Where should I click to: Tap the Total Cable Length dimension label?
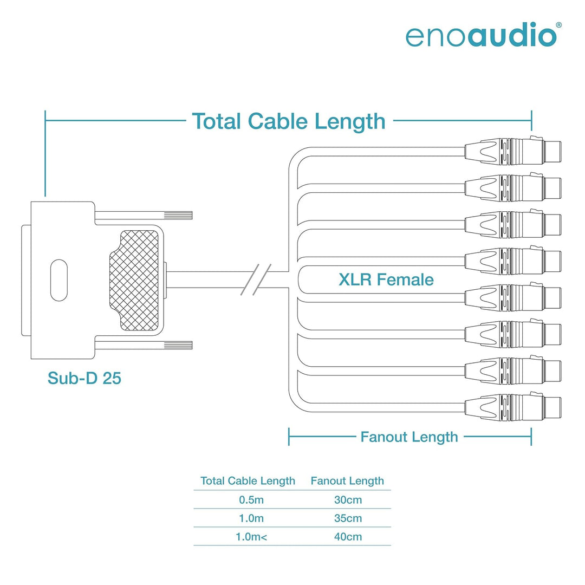click(288, 122)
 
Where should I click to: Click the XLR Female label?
click(386, 279)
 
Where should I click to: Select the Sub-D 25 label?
click(84, 378)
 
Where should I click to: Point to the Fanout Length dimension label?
click(409, 437)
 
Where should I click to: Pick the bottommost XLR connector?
click(513, 407)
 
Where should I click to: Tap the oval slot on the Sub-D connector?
click(59, 280)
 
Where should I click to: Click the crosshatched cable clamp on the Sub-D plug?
click(134, 280)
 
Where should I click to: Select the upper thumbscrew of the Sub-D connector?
click(144, 216)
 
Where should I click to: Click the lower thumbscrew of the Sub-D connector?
click(144, 345)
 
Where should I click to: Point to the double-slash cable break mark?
click(256, 280)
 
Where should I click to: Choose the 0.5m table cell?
click(251, 499)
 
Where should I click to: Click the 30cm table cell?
click(348, 499)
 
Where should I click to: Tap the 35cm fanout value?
click(348, 518)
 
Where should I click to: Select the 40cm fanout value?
click(348, 536)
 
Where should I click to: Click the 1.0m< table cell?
click(251, 536)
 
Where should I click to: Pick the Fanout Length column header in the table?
click(347, 481)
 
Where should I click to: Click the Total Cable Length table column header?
click(248, 481)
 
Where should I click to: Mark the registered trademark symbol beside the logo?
click(558, 25)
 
